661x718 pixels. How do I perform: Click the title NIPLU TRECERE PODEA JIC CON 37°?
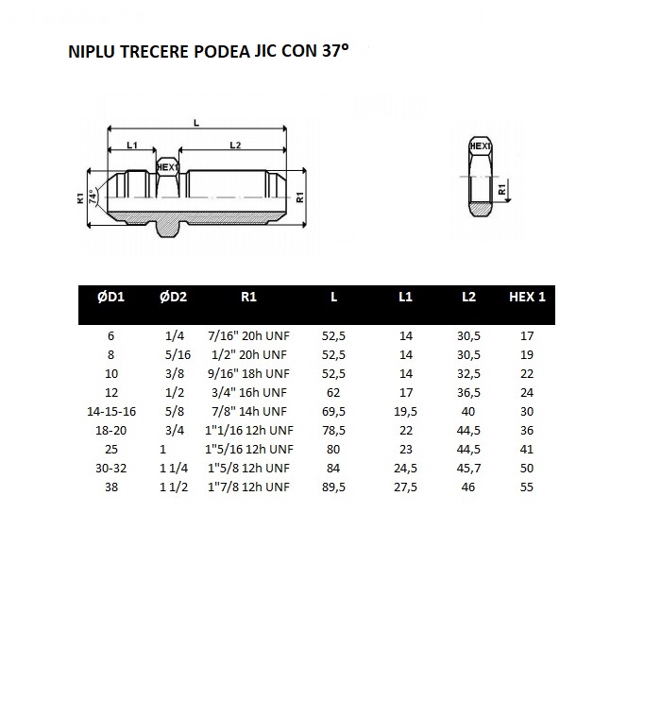coord(209,52)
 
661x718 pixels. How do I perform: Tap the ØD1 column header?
coord(110,297)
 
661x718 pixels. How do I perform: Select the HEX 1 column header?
coord(527,297)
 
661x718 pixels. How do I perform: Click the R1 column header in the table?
coord(248,297)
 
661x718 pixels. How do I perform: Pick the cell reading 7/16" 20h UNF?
coord(248,335)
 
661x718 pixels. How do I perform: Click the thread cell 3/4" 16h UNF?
coord(248,392)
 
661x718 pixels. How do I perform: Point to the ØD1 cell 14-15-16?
coord(110,411)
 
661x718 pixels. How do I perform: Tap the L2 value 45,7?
coord(468,469)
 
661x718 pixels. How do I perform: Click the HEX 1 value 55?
coord(527,487)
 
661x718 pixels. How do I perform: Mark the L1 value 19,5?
coord(406,411)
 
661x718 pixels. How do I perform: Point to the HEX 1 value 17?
coord(527,335)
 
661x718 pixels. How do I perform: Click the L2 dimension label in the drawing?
coord(236,145)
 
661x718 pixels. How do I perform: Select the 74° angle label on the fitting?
coord(93,196)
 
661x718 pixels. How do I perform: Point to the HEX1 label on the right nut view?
coord(481,146)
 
